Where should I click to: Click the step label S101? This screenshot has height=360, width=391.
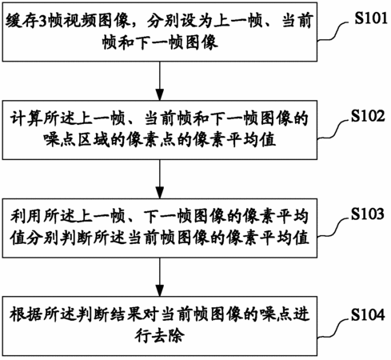click(x=371, y=18)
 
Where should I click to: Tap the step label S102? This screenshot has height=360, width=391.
click(x=368, y=116)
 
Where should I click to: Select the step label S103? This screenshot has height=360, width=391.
click(x=368, y=214)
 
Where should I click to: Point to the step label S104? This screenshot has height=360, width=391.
click(x=368, y=314)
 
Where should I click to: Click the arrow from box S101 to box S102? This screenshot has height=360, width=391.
click(x=160, y=81)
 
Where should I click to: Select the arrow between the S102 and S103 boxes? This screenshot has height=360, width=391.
click(x=160, y=179)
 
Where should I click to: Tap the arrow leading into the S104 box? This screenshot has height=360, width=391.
click(x=160, y=277)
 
